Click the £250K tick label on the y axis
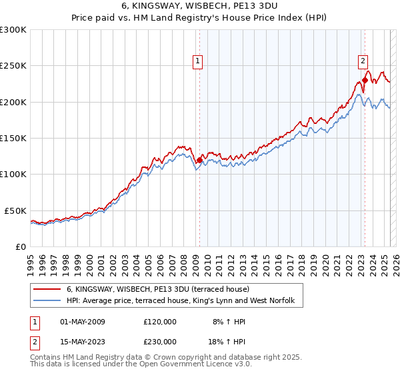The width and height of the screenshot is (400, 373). [x=12, y=66]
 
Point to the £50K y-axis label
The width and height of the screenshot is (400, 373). [x=15, y=210]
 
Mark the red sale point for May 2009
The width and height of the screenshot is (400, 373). [x=199, y=160]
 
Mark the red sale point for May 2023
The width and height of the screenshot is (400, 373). [x=365, y=81]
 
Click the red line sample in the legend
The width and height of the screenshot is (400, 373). [x=48, y=290]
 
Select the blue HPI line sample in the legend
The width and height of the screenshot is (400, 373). [x=48, y=302]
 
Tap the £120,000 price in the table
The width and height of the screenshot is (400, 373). [x=160, y=322]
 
